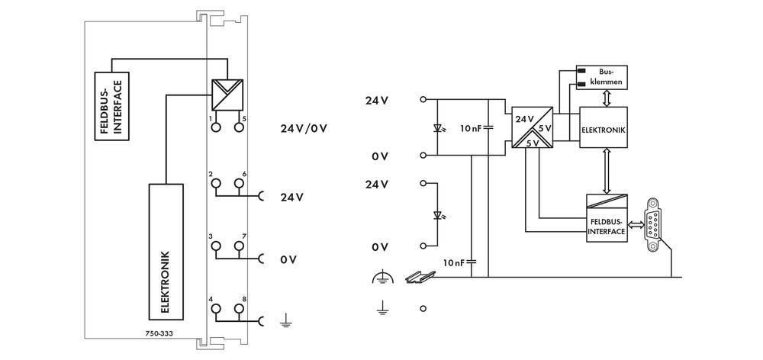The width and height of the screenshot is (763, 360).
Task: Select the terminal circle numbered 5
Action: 239,128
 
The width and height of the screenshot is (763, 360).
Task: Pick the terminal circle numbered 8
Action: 239,309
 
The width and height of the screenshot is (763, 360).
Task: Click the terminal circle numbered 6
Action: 239,184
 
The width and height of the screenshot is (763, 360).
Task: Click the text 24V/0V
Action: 304,127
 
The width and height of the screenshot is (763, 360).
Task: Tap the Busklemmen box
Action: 602,76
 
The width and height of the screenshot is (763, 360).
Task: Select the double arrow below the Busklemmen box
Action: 605,98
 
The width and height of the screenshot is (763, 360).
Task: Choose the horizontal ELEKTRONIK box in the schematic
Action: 604,130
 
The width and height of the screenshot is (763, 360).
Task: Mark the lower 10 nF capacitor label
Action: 455,262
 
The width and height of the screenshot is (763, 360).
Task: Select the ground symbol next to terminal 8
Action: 286,321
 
